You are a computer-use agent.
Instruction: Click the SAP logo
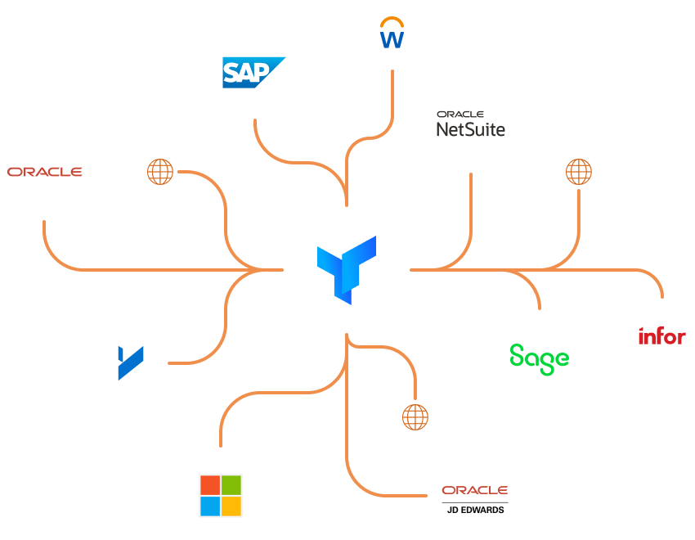click(253, 72)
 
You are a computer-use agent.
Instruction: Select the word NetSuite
click(470, 129)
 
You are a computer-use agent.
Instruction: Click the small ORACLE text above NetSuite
click(460, 115)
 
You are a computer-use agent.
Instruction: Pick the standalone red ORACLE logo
click(44, 172)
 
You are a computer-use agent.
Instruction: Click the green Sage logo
click(539, 358)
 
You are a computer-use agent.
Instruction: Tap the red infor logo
click(662, 335)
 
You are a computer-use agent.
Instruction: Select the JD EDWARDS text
click(475, 510)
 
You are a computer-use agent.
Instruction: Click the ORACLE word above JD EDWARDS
click(475, 490)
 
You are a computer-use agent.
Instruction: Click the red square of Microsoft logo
click(210, 485)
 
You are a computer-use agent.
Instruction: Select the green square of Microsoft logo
click(231, 485)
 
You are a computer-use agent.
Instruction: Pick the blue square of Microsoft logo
click(210, 506)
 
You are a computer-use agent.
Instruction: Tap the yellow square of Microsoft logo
click(231, 506)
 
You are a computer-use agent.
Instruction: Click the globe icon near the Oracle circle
click(160, 172)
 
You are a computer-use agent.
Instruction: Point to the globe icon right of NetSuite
click(578, 172)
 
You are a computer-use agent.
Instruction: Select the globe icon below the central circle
click(415, 416)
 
